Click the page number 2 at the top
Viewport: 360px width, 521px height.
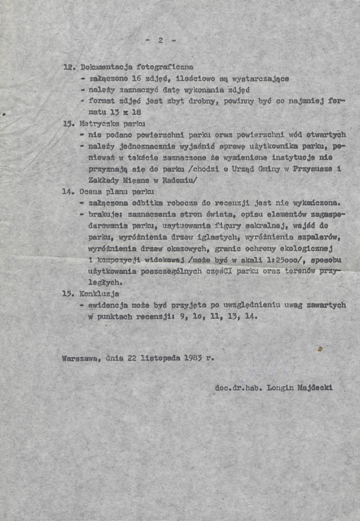point(160,40)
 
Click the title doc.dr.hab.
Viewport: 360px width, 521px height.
point(236,388)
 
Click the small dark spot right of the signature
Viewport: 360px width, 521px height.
point(320,348)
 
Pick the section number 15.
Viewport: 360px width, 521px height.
point(68,294)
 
